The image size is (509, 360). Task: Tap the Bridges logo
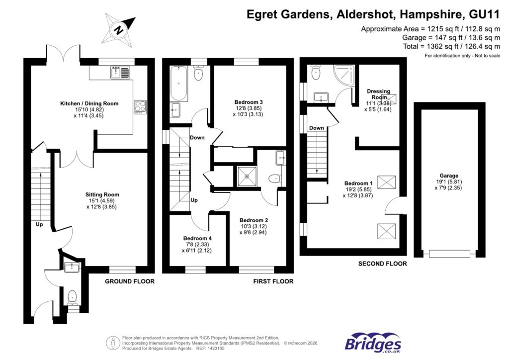click(x=373, y=343)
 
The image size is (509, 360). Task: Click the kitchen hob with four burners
click(x=140, y=107)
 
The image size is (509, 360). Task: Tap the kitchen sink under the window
click(x=120, y=73)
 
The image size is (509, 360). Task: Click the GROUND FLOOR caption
click(x=129, y=281)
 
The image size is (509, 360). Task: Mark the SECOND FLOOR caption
click(x=382, y=264)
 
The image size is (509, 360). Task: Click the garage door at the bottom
click(x=449, y=254)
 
